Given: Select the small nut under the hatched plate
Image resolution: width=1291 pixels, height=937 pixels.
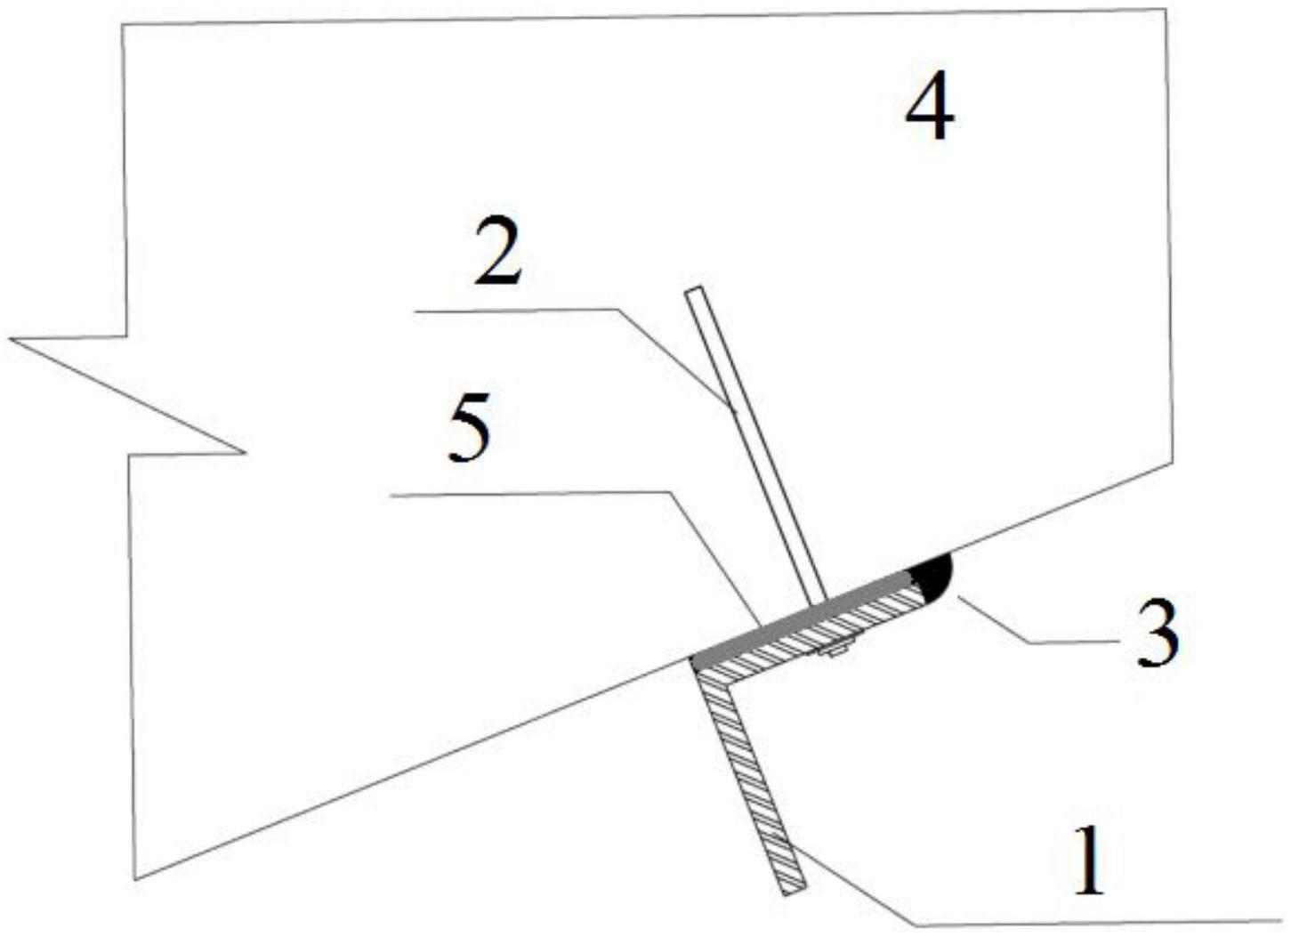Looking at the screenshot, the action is coord(834,651).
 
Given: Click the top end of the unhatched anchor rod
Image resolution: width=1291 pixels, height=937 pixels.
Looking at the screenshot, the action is coord(695,290).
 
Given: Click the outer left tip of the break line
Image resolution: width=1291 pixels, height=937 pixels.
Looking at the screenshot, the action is coord(10,339).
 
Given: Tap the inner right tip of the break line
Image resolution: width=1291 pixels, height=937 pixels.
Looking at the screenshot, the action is coord(246,451).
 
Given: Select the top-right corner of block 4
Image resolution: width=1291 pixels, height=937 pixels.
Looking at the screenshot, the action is coord(1166,9).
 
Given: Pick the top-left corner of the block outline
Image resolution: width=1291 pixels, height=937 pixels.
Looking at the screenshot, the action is coord(122,24).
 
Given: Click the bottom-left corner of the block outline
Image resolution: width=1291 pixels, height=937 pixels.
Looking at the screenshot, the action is coord(134,880).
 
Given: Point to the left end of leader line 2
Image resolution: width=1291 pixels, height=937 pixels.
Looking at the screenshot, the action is coord(416,311).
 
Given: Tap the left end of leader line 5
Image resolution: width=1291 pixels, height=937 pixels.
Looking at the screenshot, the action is coord(391,495).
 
